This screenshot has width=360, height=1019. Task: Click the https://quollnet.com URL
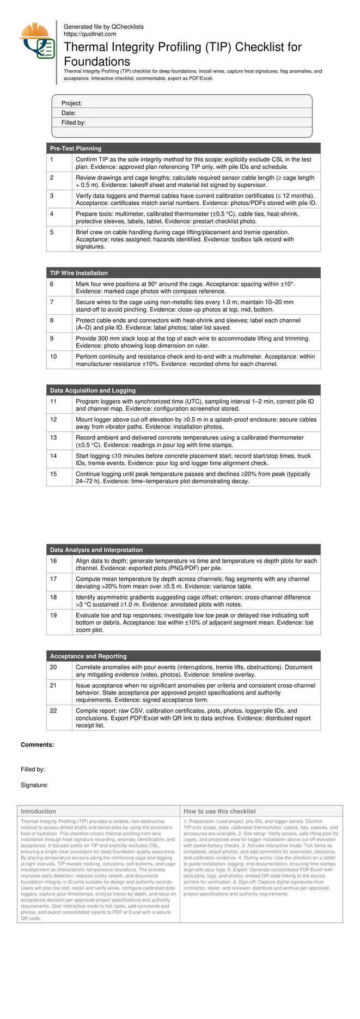[90, 34]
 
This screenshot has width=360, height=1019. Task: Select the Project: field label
[72, 103]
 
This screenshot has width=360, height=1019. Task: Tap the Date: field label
[69, 113]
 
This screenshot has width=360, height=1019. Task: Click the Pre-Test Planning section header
[76, 148]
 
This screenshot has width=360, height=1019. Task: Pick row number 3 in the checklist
[52, 196]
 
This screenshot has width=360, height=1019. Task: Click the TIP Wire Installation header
[79, 273]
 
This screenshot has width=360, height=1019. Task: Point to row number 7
[52, 302]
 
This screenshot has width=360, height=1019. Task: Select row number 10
[53, 356]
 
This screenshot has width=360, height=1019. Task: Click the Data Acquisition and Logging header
[93, 390]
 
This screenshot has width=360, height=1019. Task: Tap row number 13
[53, 437]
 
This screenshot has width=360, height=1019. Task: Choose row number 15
[53, 474]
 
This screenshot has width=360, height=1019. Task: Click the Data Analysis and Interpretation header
[96, 550]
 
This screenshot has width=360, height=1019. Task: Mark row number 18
[53, 597]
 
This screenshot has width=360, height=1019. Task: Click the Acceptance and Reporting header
[88, 656]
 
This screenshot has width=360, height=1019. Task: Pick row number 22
[53, 711]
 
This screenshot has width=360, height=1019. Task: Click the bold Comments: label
[38, 745]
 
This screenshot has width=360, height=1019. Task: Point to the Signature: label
[35, 785]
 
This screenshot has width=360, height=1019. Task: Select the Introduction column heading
[38, 811]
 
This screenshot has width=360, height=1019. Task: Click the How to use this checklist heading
[219, 811]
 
